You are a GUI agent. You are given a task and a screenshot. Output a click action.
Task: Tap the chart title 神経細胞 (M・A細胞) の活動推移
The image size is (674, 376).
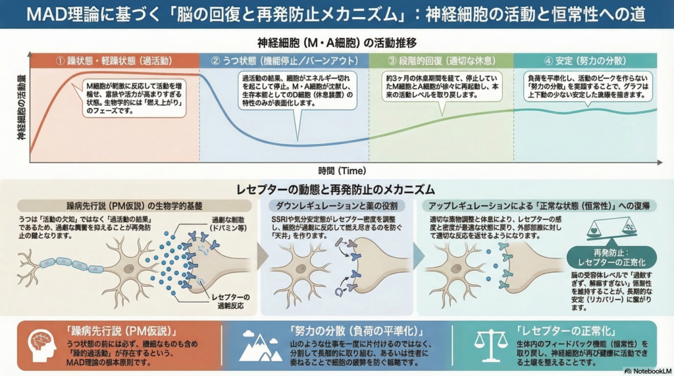(x=336, y=43)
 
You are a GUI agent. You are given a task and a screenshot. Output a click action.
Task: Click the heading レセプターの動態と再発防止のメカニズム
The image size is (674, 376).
(x=336, y=190)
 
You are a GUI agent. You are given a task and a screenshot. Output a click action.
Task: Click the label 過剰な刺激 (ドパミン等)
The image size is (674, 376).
(x=229, y=222)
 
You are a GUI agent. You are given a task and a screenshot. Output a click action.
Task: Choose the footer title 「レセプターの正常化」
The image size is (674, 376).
(x=565, y=330)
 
